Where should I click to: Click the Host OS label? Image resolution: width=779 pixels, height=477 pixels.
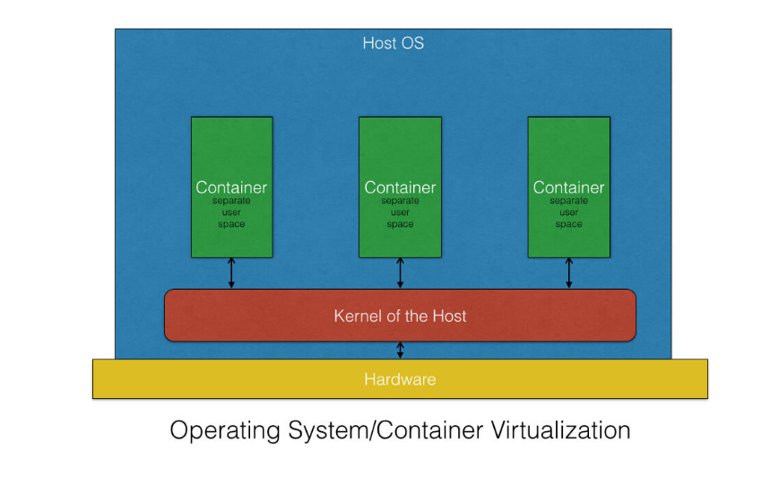tap(393, 43)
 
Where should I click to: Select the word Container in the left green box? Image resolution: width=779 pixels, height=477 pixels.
tap(231, 187)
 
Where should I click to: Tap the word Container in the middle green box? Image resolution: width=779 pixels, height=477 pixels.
tap(400, 187)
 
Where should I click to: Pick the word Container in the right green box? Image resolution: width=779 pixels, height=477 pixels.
tap(569, 187)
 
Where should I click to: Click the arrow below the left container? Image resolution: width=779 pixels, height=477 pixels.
tap(231, 273)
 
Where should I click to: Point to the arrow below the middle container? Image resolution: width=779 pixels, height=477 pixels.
tap(401, 273)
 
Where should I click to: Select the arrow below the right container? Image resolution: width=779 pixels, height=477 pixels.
tap(569, 273)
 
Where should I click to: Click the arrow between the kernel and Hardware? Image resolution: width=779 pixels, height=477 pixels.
tap(401, 350)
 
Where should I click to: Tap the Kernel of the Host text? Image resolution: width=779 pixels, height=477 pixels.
tap(400, 316)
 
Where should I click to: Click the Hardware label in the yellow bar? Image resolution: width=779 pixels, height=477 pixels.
tap(400, 379)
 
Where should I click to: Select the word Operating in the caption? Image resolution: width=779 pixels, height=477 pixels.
tap(225, 430)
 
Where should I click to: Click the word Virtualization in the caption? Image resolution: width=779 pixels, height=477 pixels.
tap(561, 430)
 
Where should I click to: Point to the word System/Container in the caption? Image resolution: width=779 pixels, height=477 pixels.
tap(385, 430)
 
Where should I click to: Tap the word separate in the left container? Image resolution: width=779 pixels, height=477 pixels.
tap(231, 201)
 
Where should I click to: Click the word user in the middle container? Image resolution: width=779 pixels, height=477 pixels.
tap(400, 212)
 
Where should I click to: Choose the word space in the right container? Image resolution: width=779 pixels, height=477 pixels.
tap(569, 224)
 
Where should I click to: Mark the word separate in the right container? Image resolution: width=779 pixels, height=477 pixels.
tap(569, 201)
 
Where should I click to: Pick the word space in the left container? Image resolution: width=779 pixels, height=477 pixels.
tap(231, 224)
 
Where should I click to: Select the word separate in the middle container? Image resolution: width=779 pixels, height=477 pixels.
tap(400, 201)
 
